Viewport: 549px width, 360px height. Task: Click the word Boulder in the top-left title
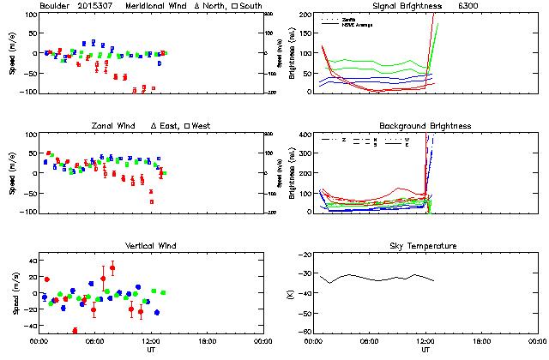[x=54, y=6]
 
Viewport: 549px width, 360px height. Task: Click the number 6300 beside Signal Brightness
[x=468, y=6]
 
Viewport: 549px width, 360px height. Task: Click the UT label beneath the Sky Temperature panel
[x=425, y=351]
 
